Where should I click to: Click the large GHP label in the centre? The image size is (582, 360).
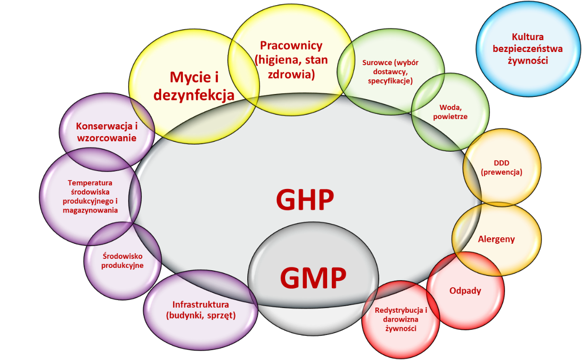point(305,200)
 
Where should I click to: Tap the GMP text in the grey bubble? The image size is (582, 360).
point(313,277)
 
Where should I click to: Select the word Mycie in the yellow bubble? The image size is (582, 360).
point(188,77)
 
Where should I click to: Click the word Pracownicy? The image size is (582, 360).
point(291,45)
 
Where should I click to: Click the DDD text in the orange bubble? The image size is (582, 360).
point(501,163)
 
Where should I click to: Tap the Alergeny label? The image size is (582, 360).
point(496,239)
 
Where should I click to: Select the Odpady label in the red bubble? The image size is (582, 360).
point(465,291)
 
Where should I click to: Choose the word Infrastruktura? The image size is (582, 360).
point(201,305)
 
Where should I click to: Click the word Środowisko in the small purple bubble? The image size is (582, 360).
point(122,256)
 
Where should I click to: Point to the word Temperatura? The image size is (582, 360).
point(90,183)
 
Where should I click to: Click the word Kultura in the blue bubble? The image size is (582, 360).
point(528,37)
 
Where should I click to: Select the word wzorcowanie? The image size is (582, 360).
point(107,138)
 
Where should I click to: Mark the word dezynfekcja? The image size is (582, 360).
point(194,95)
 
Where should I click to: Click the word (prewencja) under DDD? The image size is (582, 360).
point(501,172)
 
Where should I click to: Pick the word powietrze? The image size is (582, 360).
point(450,117)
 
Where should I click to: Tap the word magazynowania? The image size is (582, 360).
point(90,210)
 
